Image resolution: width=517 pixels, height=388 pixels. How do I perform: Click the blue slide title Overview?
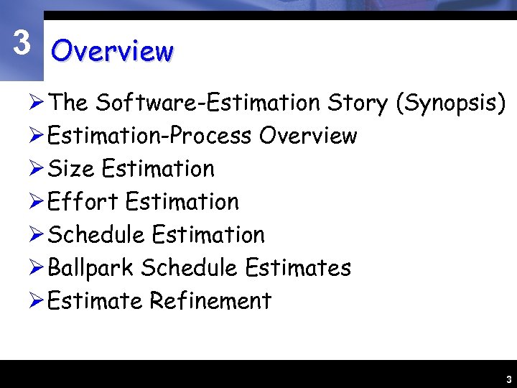[112, 52]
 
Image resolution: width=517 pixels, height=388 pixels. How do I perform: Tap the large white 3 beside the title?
[22, 44]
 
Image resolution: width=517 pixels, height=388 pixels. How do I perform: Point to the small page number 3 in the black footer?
[508, 379]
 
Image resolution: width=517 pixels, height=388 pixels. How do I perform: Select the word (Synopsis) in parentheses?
[451, 103]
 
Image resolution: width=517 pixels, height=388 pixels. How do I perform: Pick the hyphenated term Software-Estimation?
[208, 103]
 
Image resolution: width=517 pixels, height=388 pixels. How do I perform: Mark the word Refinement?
[210, 301]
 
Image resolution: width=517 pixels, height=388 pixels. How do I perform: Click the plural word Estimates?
[298, 268]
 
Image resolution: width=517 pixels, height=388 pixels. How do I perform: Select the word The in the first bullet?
[69, 103]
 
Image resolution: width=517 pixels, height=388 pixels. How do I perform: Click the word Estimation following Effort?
[182, 202]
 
